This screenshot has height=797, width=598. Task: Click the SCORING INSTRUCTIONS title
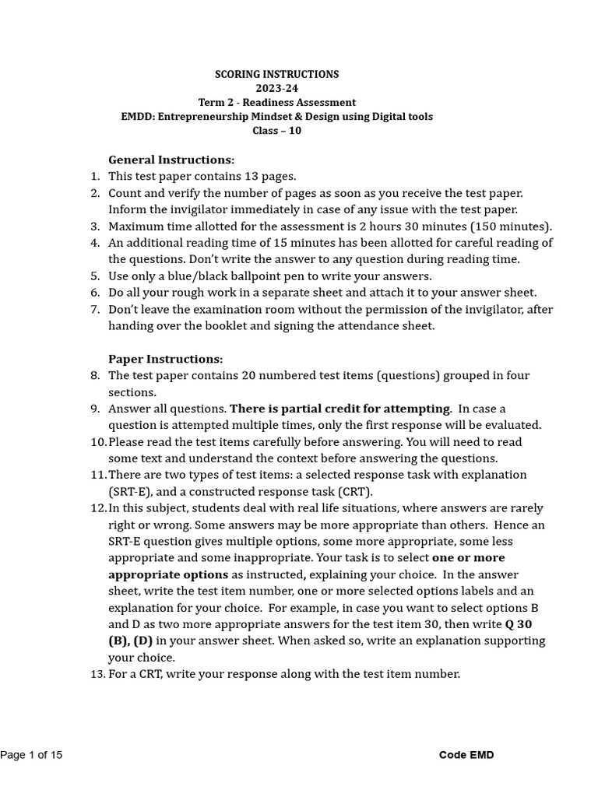(276, 74)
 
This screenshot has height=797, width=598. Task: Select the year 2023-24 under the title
(276, 88)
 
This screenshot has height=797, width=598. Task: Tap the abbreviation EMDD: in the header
(138, 117)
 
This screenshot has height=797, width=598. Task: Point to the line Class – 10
(276, 131)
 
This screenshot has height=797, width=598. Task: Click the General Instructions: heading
(171, 160)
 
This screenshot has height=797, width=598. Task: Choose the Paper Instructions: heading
(165, 359)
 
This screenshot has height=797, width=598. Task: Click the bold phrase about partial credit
(340, 409)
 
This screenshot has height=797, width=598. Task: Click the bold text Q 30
(519, 624)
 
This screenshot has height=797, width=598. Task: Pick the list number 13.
(97, 674)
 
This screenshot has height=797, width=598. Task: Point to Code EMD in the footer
(466, 755)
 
